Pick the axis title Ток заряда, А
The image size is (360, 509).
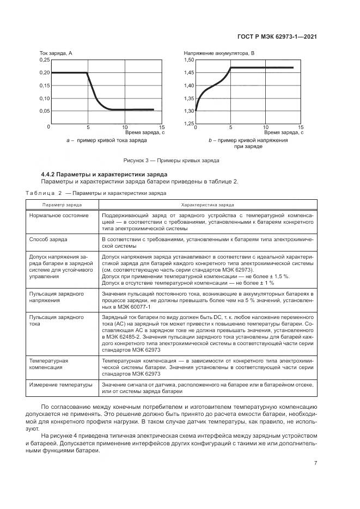(57, 53)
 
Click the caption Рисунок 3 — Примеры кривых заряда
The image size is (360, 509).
(172, 161)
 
